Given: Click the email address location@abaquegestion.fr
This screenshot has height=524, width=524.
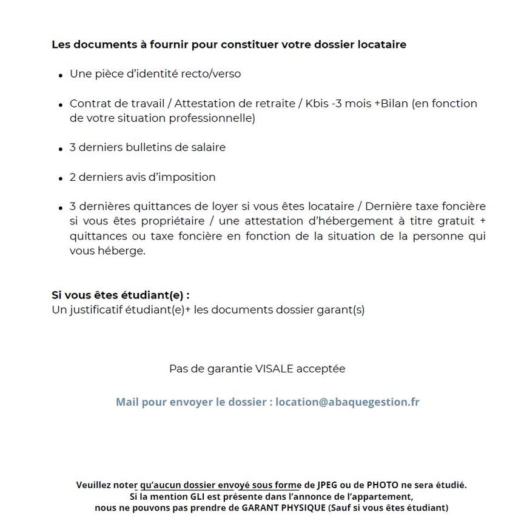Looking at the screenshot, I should pyautogui.click(x=348, y=402).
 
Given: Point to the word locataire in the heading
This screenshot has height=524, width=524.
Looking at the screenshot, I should pyautogui.click(x=381, y=44).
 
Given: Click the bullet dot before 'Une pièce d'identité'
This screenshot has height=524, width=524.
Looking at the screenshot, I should pyautogui.click(x=61, y=76).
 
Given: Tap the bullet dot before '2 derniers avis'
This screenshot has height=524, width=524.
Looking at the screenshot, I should pyautogui.click(x=61, y=180).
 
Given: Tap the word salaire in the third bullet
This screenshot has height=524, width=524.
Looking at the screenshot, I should pyautogui.click(x=206, y=147).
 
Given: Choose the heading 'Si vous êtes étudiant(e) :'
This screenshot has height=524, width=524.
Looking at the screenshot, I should pyautogui.click(x=120, y=295).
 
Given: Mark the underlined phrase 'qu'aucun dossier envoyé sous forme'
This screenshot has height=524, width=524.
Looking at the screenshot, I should pyautogui.click(x=220, y=485).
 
